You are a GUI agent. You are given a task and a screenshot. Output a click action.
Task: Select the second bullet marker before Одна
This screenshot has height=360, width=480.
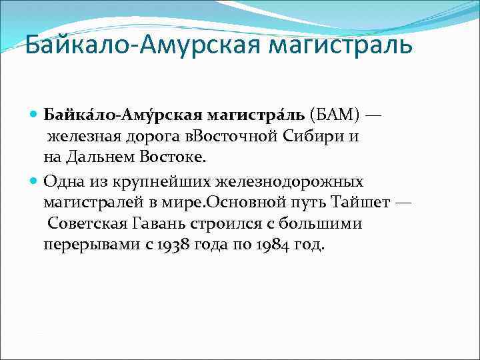pyautogui.click(x=35, y=181)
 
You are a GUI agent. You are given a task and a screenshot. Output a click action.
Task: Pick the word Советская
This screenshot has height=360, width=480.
pyautogui.click(x=80, y=223)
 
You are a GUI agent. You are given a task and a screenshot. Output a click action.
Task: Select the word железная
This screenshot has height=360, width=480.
pyautogui.click(x=79, y=138)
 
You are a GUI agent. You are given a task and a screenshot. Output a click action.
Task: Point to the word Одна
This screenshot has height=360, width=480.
pyautogui.click(x=61, y=181)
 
